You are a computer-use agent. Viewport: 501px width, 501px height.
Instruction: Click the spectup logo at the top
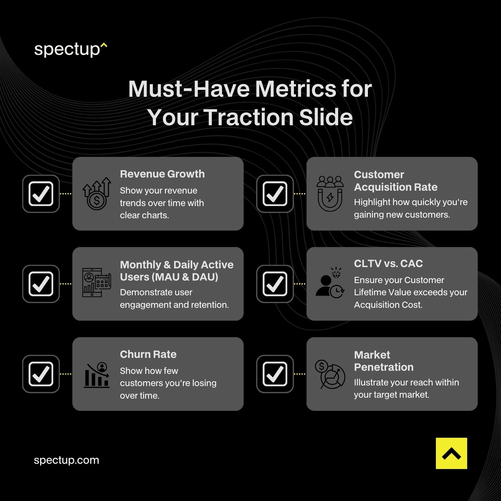pos(70,49)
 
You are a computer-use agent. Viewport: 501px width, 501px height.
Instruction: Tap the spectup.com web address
pos(66,460)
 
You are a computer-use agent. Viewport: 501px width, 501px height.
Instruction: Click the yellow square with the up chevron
pos(451,453)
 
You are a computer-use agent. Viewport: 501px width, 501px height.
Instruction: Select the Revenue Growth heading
pos(162,174)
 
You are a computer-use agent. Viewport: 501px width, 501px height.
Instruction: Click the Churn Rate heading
pos(148,354)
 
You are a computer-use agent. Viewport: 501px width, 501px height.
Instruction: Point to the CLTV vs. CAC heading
pos(388,264)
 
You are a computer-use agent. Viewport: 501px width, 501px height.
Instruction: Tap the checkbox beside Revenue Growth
pos(41,194)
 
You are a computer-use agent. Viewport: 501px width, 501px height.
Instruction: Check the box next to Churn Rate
pos(41,374)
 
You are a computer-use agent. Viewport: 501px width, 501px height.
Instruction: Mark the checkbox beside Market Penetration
pos(275,374)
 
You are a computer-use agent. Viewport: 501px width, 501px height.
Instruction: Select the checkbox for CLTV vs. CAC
pos(275,284)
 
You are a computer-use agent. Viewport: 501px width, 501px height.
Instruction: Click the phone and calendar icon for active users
pos(96,282)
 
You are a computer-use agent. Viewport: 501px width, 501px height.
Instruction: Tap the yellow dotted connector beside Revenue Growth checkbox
pos(65,194)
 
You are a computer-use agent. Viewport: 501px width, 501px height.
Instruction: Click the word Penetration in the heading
pos(384,367)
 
